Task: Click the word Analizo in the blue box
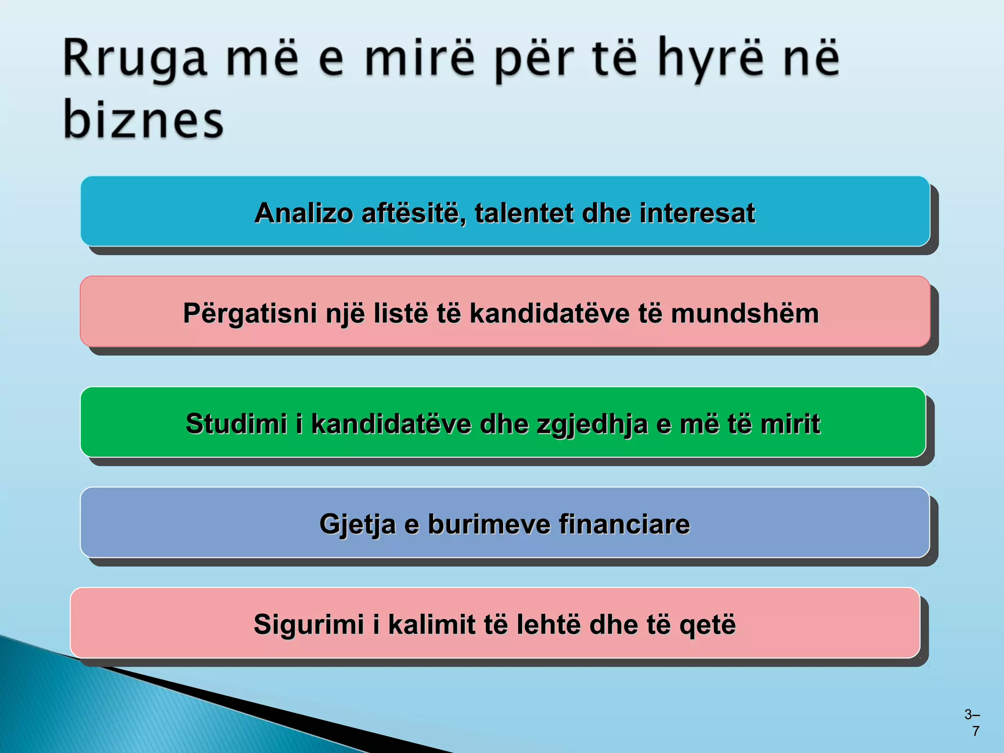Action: point(304,213)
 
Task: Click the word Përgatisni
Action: point(250,313)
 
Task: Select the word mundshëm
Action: point(745,313)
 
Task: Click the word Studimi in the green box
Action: point(236,424)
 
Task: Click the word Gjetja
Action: point(357,524)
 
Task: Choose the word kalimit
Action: point(432,625)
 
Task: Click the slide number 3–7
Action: point(972,722)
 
